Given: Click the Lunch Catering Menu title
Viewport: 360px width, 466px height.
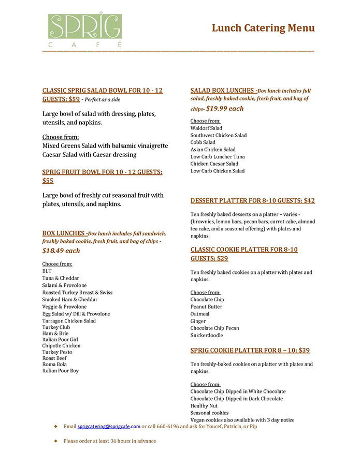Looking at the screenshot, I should coord(263,28).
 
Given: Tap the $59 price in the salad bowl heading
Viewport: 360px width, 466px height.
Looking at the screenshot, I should coord(74,99).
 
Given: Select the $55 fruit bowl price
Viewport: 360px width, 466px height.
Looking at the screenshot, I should coord(48,181).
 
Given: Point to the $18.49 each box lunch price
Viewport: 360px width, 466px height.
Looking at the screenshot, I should coord(61,251).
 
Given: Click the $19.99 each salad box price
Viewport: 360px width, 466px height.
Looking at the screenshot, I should coord(225,109).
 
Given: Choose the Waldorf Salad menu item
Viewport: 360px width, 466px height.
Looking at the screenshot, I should coord(206,128).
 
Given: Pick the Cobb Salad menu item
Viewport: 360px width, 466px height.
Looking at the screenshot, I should coord(203,142).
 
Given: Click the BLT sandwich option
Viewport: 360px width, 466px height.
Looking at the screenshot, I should coord(47,271).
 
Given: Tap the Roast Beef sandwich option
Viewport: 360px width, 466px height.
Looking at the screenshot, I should coord(55,358).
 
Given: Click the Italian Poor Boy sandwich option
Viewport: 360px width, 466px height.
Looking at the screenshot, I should coord(60,371).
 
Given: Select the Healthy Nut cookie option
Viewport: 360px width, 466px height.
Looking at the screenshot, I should coord(206,406).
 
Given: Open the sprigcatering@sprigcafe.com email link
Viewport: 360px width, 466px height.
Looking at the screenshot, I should coord(109,427).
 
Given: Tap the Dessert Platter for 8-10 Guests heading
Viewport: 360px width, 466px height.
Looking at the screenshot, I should coord(252,201).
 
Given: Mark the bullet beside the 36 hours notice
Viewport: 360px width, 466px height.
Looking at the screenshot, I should coord(56,441).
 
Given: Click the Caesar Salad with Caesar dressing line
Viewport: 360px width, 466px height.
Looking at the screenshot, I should coord(89,154).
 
